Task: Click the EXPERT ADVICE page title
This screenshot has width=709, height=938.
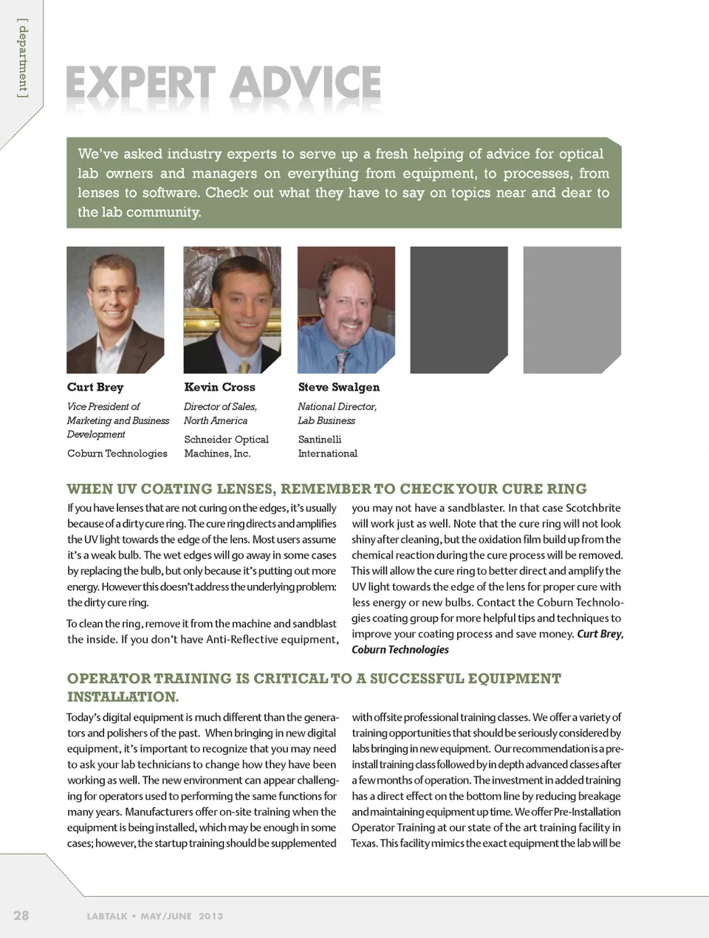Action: pyautogui.click(x=223, y=83)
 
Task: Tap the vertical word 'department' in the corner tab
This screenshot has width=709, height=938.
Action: pyautogui.click(x=24, y=59)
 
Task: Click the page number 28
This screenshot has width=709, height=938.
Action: pyautogui.click(x=21, y=915)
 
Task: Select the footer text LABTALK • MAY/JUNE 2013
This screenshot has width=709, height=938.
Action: pyautogui.click(x=154, y=916)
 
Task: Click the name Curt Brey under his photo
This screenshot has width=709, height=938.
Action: pyautogui.click(x=95, y=387)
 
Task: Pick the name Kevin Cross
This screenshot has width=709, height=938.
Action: pyautogui.click(x=219, y=387)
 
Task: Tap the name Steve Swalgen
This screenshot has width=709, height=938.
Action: pyautogui.click(x=338, y=387)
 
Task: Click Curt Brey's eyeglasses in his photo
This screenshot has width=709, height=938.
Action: pyautogui.click(x=113, y=292)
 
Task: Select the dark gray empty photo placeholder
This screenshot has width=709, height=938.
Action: pyautogui.click(x=459, y=309)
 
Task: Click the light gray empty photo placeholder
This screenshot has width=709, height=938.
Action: pyautogui.click(x=572, y=309)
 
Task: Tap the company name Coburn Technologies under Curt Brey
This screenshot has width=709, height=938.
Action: pyautogui.click(x=117, y=453)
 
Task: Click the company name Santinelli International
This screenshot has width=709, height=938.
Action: pyautogui.click(x=327, y=446)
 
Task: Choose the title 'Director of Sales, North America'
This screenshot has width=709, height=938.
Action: pyautogui.click(x=220, y=414)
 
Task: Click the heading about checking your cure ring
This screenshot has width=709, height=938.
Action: pyautogui.click(x=326, y=489)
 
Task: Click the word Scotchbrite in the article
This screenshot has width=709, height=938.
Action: pyautogui.click(x=593, y=508)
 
